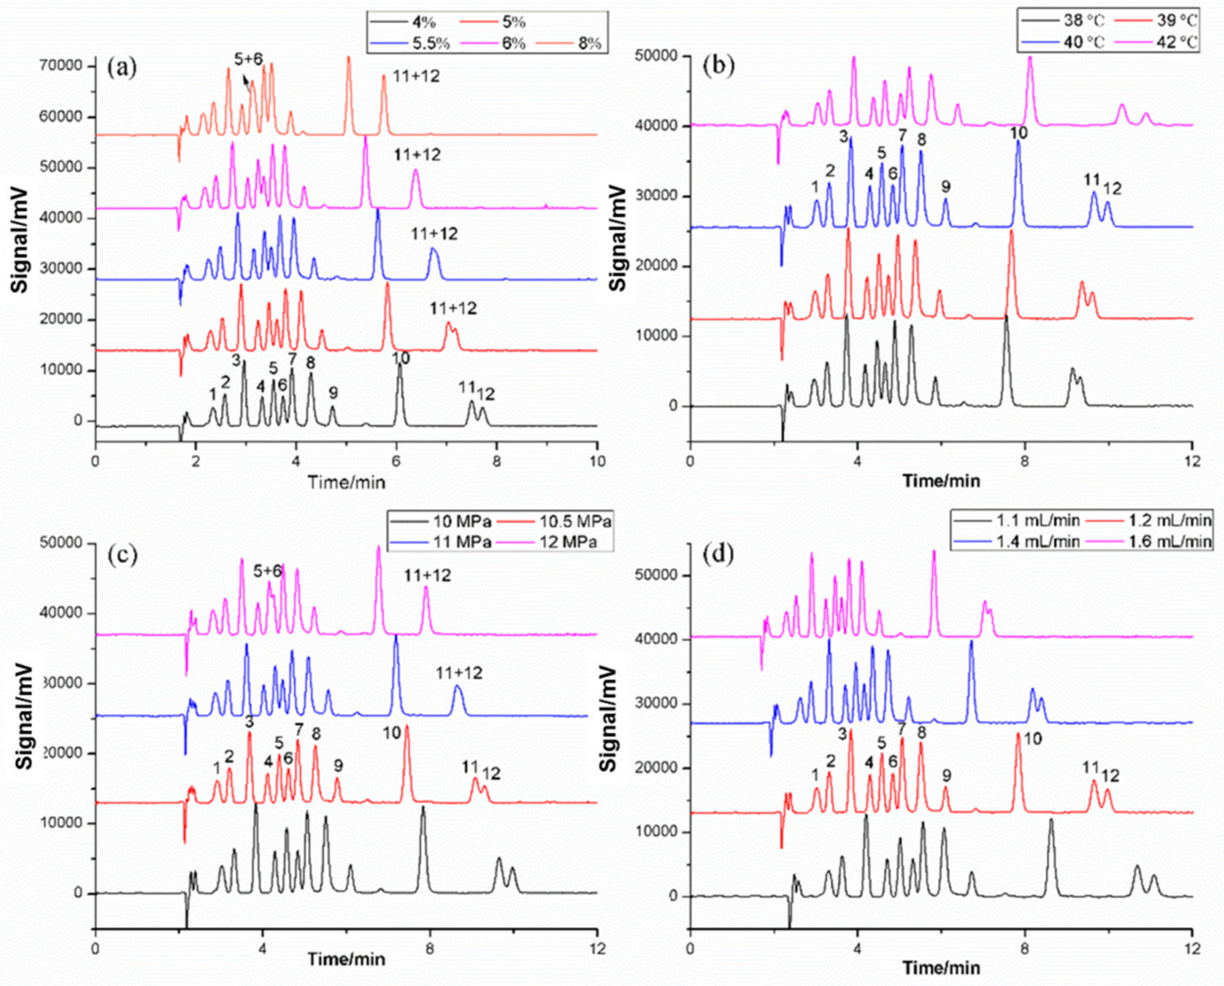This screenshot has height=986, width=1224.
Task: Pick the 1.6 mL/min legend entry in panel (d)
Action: point(1169,541)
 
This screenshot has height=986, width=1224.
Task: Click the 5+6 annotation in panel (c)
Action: point(268,571)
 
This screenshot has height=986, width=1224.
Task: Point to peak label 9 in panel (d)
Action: point(946,775)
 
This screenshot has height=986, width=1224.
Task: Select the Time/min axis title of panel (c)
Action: point(346,959)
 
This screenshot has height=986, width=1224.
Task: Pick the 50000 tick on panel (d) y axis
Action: point(659,575)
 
